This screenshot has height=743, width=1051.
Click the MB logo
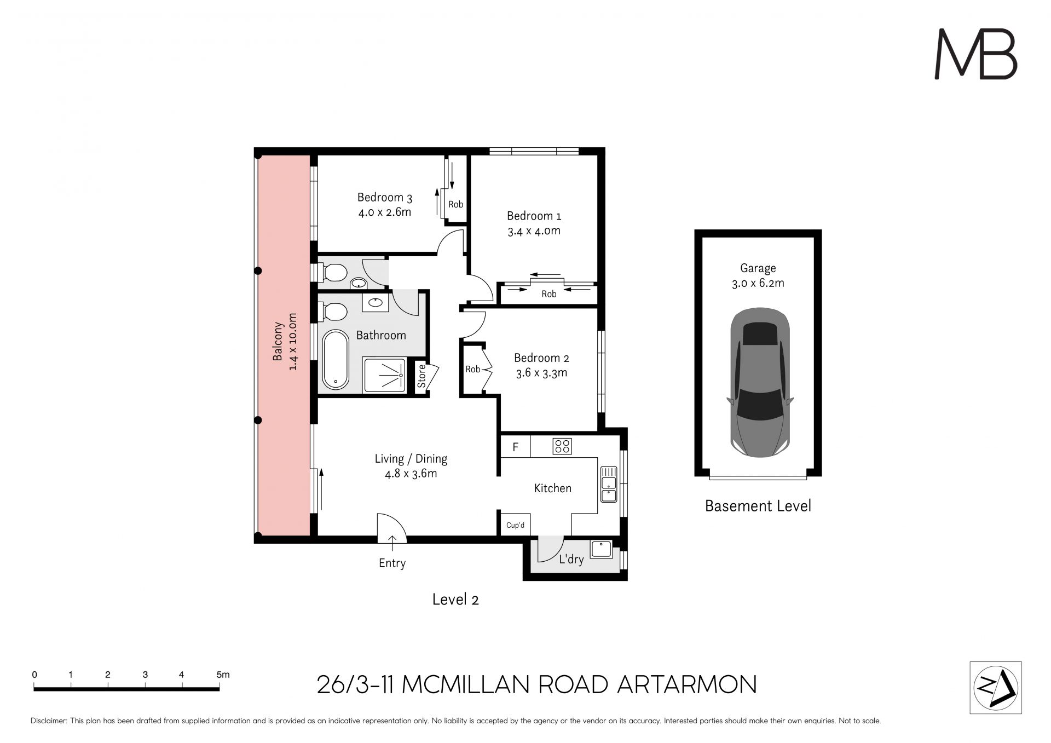tap(975, 54)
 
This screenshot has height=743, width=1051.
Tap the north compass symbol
tap(996, 688)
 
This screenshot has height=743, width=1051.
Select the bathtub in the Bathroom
tap(336, 359)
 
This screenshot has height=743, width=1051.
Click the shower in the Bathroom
tap(385, 375)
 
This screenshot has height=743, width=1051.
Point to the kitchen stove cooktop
tap(562, 446)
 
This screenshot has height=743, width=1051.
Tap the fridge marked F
tap(516, 447)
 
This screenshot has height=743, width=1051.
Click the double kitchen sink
tap(608, 484)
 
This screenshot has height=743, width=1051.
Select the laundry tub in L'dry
tap(602, 549)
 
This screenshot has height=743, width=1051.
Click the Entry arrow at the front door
tap(392, 543)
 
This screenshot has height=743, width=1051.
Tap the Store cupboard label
tap(421, 376)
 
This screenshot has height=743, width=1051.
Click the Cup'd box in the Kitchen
tap(515, 525)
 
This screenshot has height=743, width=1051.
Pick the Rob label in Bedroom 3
tap(455, 204)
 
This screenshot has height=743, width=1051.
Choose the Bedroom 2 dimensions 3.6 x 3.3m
tap(541, 373)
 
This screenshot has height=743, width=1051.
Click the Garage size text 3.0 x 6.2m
tap(758, 283)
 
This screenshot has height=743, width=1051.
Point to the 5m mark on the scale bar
tap(223, 675)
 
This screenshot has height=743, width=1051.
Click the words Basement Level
tap(758, 506)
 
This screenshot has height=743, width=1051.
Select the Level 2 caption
tap(455, 599)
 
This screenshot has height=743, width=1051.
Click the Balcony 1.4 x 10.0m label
tap(285, 342)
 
